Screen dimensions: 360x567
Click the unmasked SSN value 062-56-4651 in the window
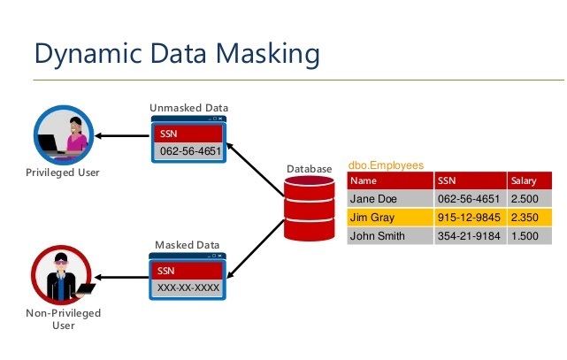point(188,149)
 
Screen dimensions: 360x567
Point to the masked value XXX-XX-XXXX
point(188,287)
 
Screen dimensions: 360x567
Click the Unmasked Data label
point(188,108)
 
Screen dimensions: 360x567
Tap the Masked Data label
point(187,245)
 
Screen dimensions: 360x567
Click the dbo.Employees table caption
point(386,165)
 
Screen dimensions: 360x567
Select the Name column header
point(364,180)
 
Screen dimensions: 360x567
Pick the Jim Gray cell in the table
point(370,218)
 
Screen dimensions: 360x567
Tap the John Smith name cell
point(377,236)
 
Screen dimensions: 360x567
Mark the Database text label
point(310,168)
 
